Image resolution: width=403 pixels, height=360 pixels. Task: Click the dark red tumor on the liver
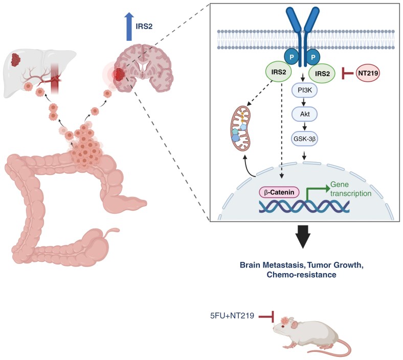tap(20, 60)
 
